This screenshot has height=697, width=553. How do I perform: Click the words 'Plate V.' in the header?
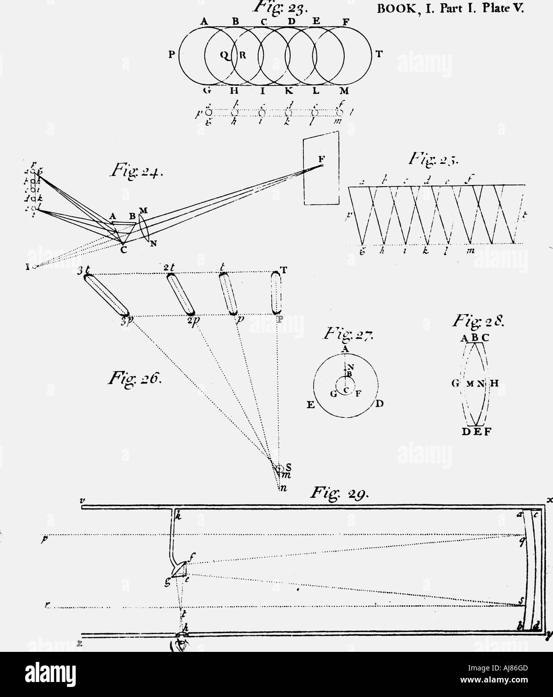pos(502,9)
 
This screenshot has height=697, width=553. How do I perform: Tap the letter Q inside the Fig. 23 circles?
pos(225,56)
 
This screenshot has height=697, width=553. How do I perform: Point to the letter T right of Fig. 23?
pos(378,55)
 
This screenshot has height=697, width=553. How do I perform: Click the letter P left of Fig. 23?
pos(171,55)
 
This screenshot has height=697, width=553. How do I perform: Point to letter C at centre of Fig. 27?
pos(345,390)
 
